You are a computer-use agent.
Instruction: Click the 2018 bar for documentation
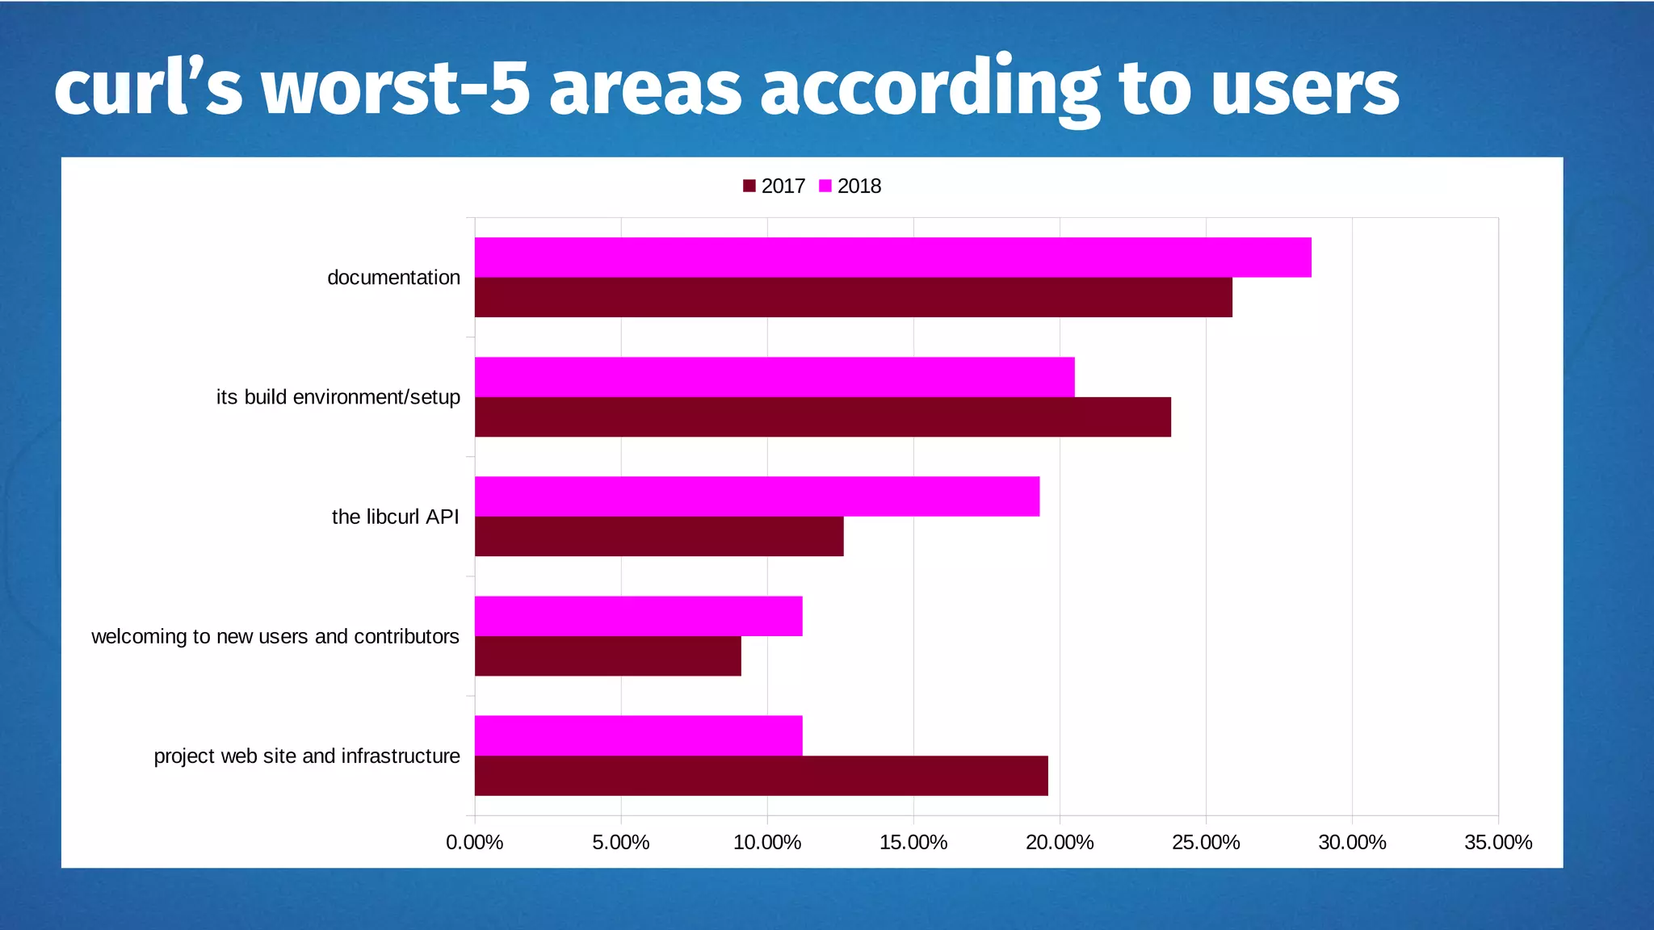tap(892, 258)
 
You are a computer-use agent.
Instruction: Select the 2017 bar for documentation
tap(853, 297)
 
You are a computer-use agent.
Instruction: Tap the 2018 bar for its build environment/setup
tap(775, 377)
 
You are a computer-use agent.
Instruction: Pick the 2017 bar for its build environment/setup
tap(822, 417)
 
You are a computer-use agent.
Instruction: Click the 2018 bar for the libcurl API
tap(757, 496)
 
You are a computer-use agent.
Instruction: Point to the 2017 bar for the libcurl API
tap(659, 536)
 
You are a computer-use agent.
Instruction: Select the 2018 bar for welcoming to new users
tap(638, 616)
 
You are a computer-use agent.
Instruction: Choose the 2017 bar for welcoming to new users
tap(607, 656)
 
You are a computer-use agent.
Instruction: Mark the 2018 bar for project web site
tap(638, 735)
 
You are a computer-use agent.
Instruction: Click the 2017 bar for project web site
tap(761, 775)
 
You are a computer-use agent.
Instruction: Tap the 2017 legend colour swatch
tap(749, 186)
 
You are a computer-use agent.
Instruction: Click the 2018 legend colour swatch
tap(825, 186)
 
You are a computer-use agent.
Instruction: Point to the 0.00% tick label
tap(474, 843)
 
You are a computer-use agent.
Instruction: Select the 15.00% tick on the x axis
tap(913, 843)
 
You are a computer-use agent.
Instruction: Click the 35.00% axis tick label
tap(1497, 843)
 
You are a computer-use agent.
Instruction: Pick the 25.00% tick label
tap(1205, 843)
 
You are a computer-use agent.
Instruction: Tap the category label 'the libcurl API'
tap(395, 517)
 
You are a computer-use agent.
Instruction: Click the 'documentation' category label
tap(393, 278)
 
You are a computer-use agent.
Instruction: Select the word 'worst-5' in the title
tap(396, 89)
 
